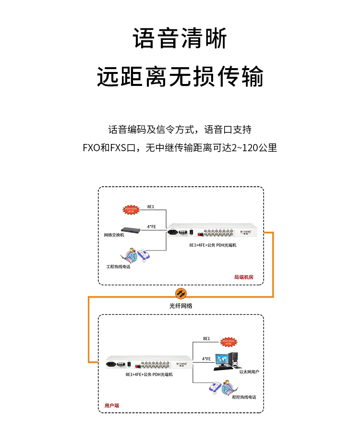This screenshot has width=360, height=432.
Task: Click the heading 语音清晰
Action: tap(180, 38)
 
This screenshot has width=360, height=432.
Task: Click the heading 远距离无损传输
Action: tap(180, 77)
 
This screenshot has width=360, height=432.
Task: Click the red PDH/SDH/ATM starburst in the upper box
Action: tap(131, 209)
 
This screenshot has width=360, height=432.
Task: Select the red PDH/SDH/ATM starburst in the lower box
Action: tap(228, 342)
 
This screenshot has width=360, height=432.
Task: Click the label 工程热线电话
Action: tap(118, 266)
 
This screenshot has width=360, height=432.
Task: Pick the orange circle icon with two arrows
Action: tap(180, 293)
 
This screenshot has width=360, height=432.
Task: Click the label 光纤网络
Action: tap(180, 305)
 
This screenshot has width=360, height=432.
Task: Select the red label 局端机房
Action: tap(243, 277)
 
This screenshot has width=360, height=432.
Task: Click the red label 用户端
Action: tap(111, 406)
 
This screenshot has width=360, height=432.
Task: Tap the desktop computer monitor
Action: tap(222, 360)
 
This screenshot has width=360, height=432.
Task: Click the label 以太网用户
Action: tap(249, 372)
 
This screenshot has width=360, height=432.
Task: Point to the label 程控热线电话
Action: tap(244, 397)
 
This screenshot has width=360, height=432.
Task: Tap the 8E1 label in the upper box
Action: tap(150, 206)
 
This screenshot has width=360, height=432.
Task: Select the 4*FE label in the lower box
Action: tap(206, 358)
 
